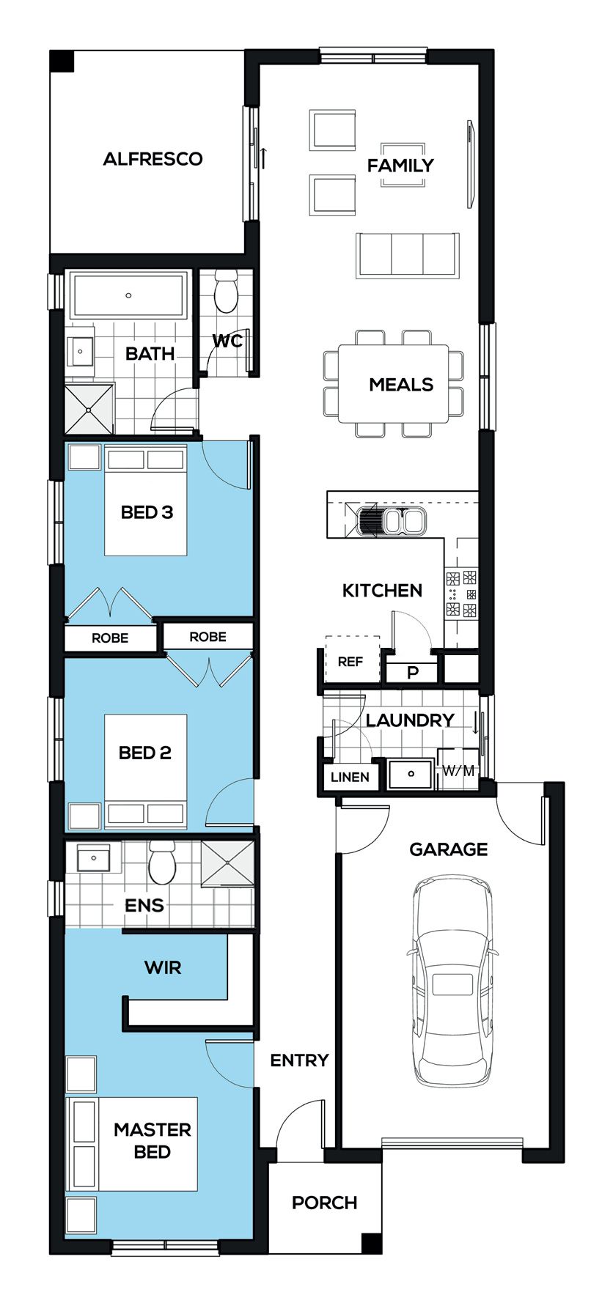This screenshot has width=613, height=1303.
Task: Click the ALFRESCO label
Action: point(153,159)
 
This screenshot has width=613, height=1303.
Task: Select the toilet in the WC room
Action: point(225,291)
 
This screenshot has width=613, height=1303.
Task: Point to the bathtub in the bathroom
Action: point(128,295)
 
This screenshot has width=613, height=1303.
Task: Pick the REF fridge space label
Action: point(350,662)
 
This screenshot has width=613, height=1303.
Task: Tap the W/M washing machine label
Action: point(458,770)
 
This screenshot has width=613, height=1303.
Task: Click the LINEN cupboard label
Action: point(350,777)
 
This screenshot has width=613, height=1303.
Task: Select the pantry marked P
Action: point(412,672)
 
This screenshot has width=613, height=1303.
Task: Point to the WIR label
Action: point(163,967)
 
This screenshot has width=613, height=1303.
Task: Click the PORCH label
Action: point(324,1203)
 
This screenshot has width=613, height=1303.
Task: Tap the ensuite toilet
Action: point(162,863)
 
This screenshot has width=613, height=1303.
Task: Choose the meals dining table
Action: point(394,384)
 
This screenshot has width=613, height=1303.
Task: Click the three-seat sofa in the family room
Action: point(408,256)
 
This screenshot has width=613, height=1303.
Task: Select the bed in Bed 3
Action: point(145,500)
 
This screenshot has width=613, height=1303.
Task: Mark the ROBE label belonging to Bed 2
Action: point(208,637)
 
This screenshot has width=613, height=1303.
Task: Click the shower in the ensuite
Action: point(227,863)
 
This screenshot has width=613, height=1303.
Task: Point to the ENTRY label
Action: point(299,1060)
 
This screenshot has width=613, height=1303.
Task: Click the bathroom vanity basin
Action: point(80,352)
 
